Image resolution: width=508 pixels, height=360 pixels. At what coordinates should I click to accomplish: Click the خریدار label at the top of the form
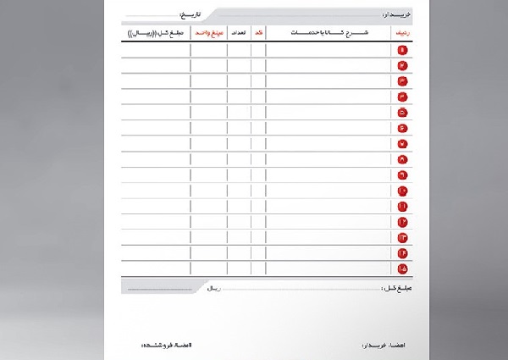tap(396, 15)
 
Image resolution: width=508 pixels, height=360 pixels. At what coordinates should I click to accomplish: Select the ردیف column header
tap(400, 32)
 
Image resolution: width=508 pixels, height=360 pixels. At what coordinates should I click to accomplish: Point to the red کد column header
tap(257, 32)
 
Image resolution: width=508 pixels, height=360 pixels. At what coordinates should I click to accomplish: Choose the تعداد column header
tap(238, 32)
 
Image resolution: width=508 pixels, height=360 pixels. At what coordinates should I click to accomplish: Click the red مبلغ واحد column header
tap(208, 32)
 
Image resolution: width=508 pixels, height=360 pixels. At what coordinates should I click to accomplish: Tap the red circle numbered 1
tap(401, 49)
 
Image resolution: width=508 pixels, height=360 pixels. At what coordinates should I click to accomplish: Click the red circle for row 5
tap(401, 112)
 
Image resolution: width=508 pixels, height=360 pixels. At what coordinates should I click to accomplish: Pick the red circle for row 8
tap(401, 159)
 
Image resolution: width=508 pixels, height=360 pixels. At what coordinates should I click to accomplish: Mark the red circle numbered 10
tap(401, 191)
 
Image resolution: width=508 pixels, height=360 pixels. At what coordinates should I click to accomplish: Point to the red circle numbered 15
tap(401, 269)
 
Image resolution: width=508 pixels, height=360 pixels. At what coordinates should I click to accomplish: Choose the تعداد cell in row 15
tap(238, 269)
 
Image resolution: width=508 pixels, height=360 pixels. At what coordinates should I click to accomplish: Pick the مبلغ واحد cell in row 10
tap(208, 191)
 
